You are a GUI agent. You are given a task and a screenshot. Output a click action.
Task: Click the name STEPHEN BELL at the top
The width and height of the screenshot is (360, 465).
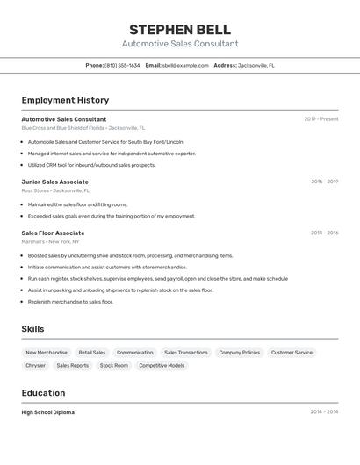click(179, 30)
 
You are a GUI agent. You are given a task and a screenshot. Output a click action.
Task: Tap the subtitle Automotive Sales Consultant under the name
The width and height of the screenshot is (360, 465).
click(179, 44)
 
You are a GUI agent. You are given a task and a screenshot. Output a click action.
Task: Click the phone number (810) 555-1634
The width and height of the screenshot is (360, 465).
click(122, 65)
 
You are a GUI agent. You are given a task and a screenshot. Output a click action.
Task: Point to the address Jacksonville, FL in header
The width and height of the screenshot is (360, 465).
click(256, 65)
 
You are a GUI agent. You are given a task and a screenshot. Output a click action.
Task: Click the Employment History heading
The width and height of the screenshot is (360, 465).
click(65, 100)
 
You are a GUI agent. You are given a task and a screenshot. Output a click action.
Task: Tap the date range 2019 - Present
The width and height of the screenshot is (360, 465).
click(320, 119)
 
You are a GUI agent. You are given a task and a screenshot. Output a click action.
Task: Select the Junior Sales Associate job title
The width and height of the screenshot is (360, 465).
click(54, 182)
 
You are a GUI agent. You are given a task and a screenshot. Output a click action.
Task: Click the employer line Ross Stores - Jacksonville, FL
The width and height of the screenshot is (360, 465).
click(55, 190)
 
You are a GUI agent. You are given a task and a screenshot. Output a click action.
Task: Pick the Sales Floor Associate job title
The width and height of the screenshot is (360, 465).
click(53, 233)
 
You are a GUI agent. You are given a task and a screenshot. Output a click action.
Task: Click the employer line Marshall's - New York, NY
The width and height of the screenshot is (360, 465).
click(51, 241)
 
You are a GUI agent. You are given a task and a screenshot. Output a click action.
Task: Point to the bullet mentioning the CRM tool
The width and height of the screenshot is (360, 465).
click(91, 165)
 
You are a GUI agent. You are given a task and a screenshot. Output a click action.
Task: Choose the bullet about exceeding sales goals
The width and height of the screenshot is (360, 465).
click(111, 216)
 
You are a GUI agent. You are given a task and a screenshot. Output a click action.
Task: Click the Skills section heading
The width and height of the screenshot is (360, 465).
click(32, 329)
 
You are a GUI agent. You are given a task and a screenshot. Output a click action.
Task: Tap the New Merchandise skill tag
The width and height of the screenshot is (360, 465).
click(47, 352)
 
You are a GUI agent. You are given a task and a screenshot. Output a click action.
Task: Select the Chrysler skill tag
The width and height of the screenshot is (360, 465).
click(35, 365)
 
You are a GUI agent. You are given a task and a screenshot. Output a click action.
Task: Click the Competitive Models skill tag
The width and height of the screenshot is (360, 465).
click(162, 365)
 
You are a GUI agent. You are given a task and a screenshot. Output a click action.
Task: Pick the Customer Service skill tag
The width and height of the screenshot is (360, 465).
click(292, 352)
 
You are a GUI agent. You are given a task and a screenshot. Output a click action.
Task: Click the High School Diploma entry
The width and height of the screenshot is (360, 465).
click(48, 412)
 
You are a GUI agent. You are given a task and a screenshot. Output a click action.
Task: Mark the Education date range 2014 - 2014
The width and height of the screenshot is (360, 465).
click(324, 411)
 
